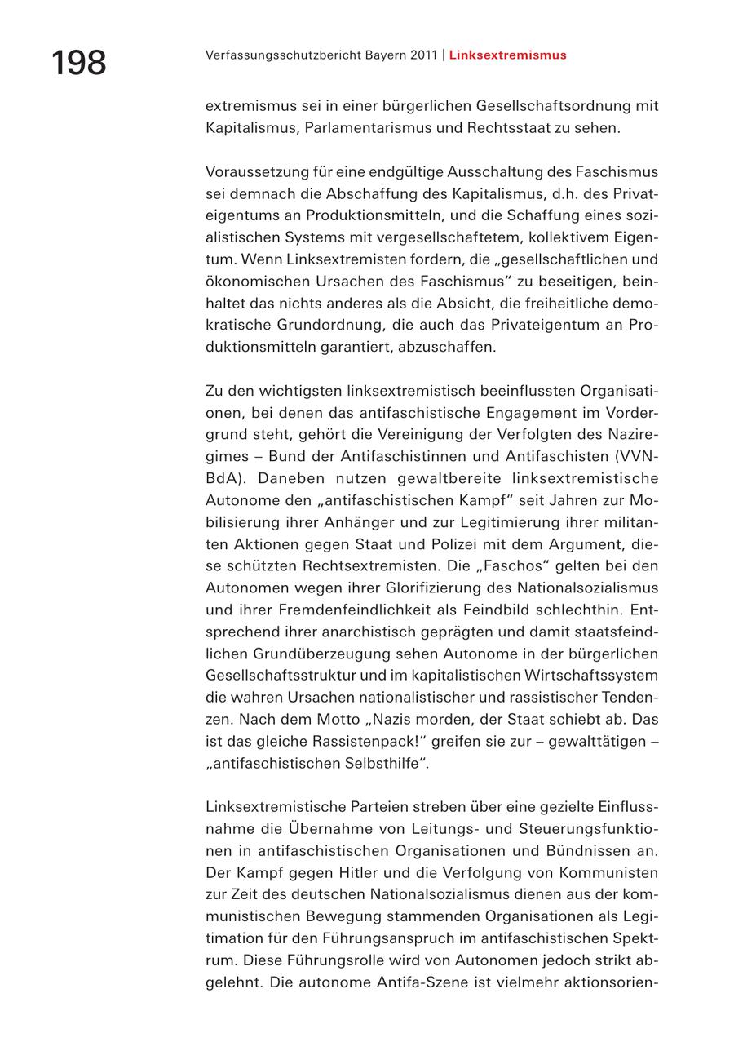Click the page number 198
[x=79, y=63]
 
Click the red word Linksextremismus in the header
[x=507, y=55]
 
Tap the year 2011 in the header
[x=421, y=55]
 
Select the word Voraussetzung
[x=254, y=172]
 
